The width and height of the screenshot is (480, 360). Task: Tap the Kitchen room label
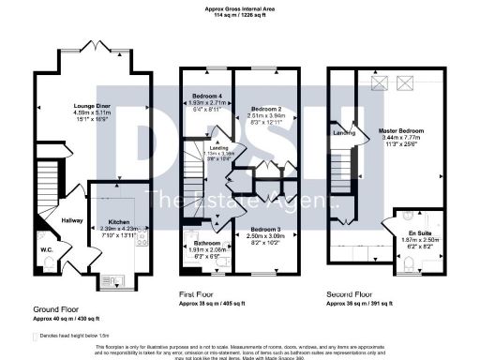(x=112, y=222)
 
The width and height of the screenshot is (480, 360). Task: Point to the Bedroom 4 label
(x=207, y=97)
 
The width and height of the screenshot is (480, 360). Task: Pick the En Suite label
(x=406, y=230)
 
